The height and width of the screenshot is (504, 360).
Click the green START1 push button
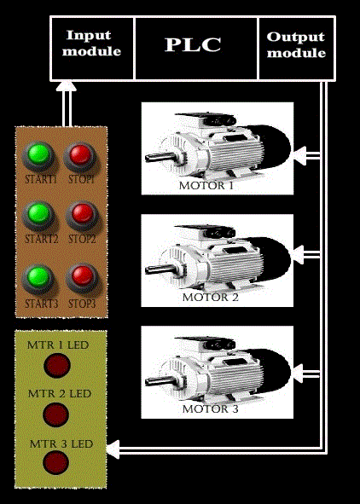tap(38, 156)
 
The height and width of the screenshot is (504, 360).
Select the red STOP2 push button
tap(82, 215)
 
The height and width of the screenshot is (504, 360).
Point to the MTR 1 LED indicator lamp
tap(57, 365)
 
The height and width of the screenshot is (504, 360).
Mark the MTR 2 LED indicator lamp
tap(55, 414)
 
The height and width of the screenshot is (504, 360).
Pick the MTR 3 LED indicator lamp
tap(55, 462)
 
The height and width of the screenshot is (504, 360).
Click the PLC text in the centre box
tap(193, 44)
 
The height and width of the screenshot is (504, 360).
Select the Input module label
tap(91, 43)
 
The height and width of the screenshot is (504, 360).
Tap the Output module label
tap(296, 44)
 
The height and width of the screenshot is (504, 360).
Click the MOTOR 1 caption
tap(206, 185)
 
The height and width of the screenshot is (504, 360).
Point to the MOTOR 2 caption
tap(210, 298)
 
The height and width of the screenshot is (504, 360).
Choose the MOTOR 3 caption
tap(210, 409)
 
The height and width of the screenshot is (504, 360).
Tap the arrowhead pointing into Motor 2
tap(299, 255)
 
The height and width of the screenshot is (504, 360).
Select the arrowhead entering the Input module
tap(67, 86)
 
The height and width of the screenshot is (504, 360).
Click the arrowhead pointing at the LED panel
tap(113, 449)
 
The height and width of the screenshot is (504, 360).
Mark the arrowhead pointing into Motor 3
tap(299, 374)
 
